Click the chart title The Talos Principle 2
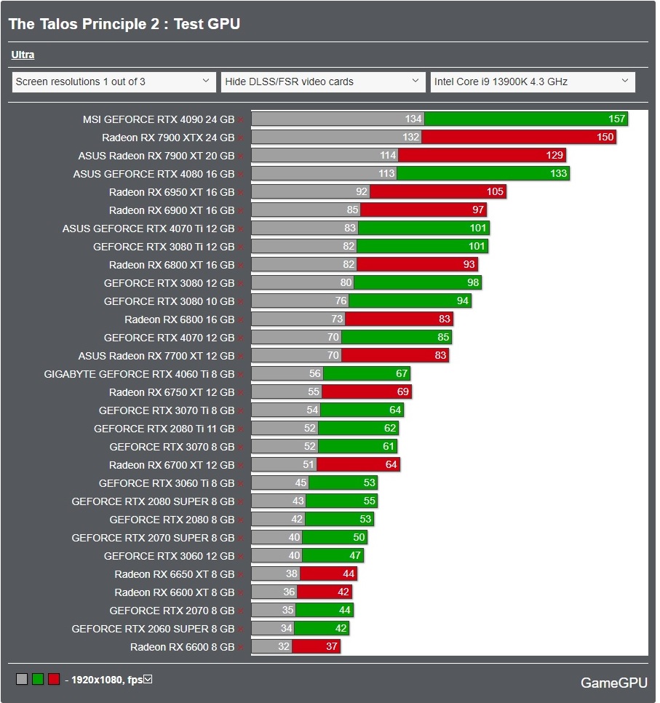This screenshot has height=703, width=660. pos(124,24)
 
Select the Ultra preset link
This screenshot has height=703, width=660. pos(23,55)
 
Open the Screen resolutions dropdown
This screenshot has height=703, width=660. pos(114,82)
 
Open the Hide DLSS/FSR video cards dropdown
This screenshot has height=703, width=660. pos(323,82)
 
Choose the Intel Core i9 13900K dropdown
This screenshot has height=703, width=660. pos(533,82)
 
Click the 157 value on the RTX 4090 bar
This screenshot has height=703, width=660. pos(616,119)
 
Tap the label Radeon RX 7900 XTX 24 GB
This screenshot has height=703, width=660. pos(168,137)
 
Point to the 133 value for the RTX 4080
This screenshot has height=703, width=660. pos(558,173)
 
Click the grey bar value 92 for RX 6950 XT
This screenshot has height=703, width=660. pos(361,191)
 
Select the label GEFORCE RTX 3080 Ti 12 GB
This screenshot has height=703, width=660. pos(164,246)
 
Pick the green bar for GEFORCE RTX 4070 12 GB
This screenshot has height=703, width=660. pos(396,337)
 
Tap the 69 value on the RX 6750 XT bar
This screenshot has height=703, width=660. pos(403,392)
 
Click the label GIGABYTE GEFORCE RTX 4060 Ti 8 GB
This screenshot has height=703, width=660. pos(139,373)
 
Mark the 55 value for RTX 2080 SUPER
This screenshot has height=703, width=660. pos(369,501)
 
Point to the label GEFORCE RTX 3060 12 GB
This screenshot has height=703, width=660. pos(169,555)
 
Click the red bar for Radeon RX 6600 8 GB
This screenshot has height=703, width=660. pos(316,646)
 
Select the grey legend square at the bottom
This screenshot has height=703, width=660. pos(22,679)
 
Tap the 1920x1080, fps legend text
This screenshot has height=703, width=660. pos(106,680)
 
